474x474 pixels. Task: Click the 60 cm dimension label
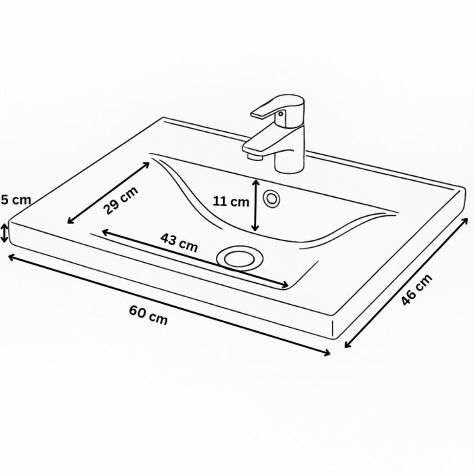tap(148, 314)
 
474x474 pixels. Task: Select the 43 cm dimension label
tap(179, 242)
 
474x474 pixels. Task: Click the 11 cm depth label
tap(231, 201)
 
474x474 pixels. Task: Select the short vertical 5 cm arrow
tap(5, 232)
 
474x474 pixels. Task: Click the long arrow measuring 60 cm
tap(169, 305)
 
